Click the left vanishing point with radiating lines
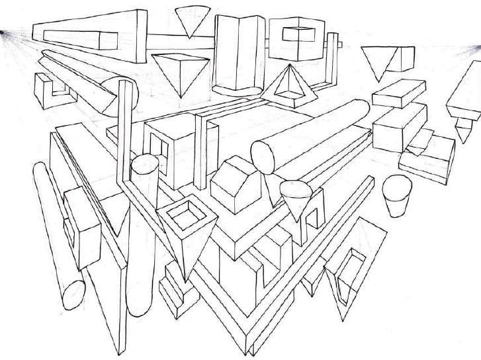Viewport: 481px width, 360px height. click(3, 30)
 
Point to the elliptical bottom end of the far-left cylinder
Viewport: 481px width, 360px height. click(72, 292)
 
